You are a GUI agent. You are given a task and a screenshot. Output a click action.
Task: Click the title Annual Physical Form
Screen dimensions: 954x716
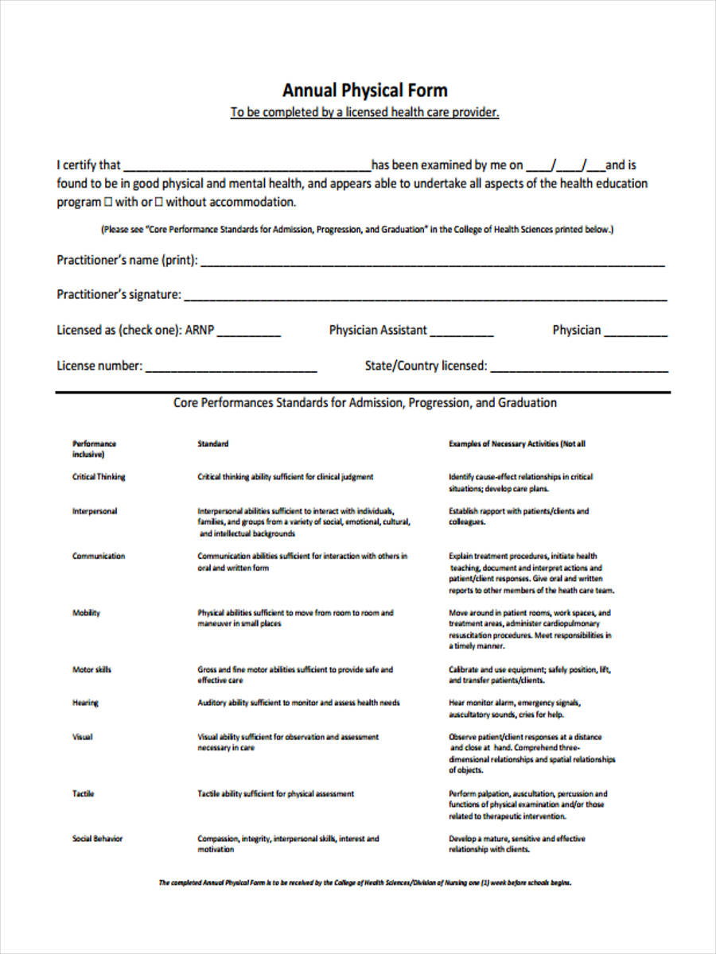364,90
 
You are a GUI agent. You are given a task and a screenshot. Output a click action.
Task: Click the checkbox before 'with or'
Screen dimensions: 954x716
108,202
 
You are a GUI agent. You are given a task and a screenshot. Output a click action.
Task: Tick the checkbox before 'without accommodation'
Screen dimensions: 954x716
158,202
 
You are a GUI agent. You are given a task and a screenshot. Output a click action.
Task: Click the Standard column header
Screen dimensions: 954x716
213,444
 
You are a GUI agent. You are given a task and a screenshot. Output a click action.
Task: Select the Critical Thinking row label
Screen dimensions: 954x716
99,477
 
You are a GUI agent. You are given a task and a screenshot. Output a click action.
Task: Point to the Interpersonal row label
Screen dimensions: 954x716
95,511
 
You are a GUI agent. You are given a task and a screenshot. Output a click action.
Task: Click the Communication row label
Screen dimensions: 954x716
99,556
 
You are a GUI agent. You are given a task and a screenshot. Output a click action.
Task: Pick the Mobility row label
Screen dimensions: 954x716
86,613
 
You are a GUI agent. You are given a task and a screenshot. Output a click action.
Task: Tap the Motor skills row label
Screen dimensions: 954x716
91,669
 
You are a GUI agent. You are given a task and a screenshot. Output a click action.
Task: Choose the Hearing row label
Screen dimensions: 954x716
85,703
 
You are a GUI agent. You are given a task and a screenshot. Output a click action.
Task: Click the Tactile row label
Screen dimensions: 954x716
84,793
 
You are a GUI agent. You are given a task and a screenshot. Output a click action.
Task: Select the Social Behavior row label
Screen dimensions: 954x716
97,839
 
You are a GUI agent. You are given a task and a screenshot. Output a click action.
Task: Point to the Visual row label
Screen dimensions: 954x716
82,737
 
